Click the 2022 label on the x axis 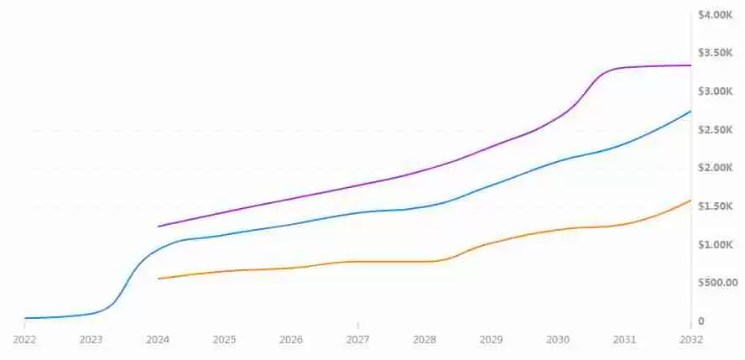24,340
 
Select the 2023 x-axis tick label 91,340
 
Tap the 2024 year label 158,340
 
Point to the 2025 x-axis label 224,340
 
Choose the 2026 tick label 291,340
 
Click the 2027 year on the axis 358,340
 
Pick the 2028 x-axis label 425,340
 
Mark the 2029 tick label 492,340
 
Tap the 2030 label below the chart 558,340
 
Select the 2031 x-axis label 624,340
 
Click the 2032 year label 691,340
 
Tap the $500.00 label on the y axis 717,283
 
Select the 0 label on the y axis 701,321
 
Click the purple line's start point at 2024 159,227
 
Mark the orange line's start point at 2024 159,279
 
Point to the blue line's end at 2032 690,112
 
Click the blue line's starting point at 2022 25,319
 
